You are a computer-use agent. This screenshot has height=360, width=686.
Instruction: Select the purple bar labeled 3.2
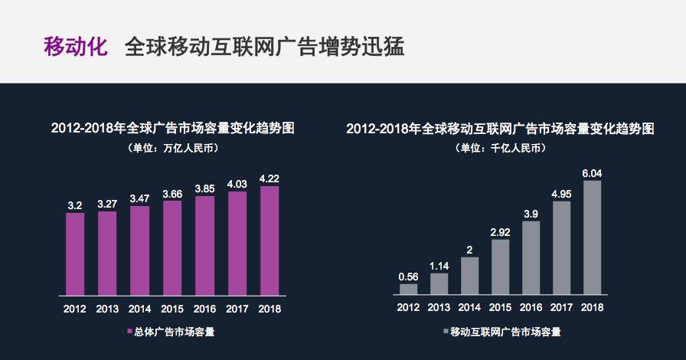[x=75, y=254]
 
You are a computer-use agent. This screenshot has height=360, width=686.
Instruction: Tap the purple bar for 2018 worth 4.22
[x=269, y=240]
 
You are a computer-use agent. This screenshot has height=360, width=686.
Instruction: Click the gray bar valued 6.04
[x=592, y=237]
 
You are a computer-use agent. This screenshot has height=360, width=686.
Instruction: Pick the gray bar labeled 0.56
[x=409, y=289]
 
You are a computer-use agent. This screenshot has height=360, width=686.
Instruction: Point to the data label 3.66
[x=172, y=193]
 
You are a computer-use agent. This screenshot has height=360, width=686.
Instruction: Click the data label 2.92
[x=500, y=231]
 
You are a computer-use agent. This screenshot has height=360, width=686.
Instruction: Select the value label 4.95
[x=561, y=192]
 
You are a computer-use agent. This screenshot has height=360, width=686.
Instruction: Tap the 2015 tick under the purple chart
[x=172, y=309]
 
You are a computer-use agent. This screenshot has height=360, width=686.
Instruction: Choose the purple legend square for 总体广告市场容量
[x=128, y=332]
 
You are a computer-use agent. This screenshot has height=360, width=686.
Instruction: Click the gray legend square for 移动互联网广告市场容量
[x=445, y=332]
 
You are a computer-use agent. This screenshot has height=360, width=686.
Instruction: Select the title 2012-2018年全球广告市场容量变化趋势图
[x=173, y=128]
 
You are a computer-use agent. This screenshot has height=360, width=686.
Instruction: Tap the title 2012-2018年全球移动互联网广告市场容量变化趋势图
[x=500, y=128]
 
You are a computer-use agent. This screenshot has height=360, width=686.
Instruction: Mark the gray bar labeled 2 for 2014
[x=469, y=275]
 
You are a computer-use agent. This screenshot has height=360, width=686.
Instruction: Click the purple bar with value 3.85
[x=204, y=245]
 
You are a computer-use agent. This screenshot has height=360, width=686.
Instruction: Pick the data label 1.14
[x=439, y=265]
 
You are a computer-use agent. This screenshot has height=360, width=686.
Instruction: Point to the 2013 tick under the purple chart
[x=107, y=309]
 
